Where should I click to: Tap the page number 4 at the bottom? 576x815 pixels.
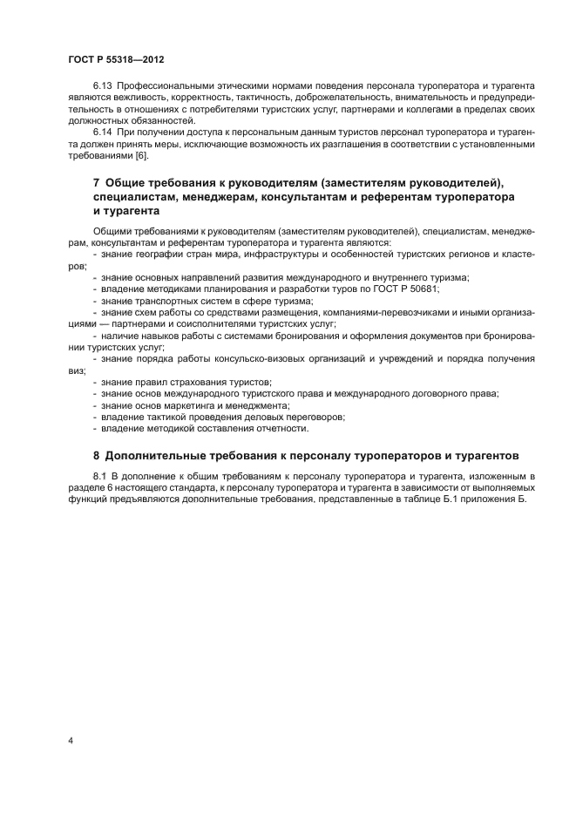click(x=71, y=741)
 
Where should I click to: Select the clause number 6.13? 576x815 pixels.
click(x=104, y=86)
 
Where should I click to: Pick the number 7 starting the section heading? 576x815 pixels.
click(x=96, y=182)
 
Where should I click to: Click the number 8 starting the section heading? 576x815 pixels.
click(x=96, y=455)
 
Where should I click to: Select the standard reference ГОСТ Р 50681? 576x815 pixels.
click(x=408, y=289)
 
